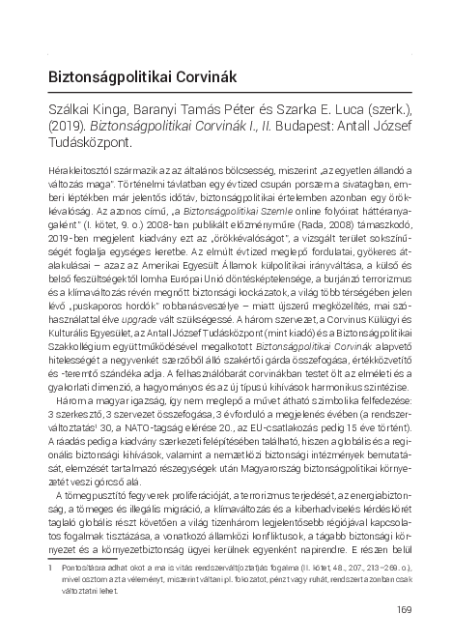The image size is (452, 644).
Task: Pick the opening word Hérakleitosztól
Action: click(83, 180)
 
